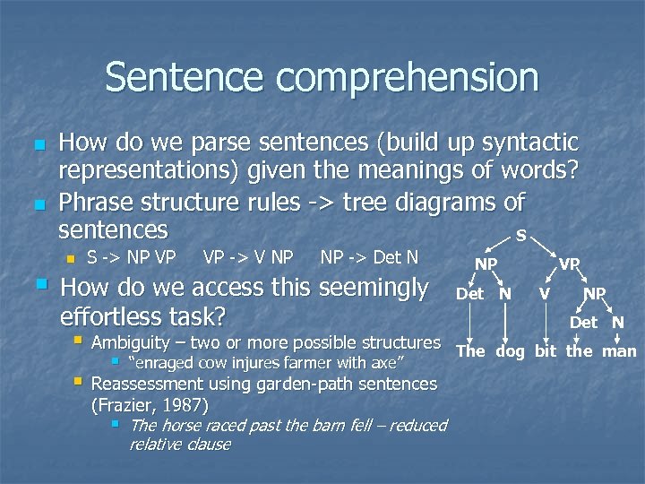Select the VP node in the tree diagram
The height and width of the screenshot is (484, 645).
pos(570,264)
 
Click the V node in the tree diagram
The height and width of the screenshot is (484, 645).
pos(544,292)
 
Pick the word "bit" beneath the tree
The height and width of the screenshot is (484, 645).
pos(546,350)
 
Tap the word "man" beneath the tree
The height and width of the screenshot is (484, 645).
pos(618,350)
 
